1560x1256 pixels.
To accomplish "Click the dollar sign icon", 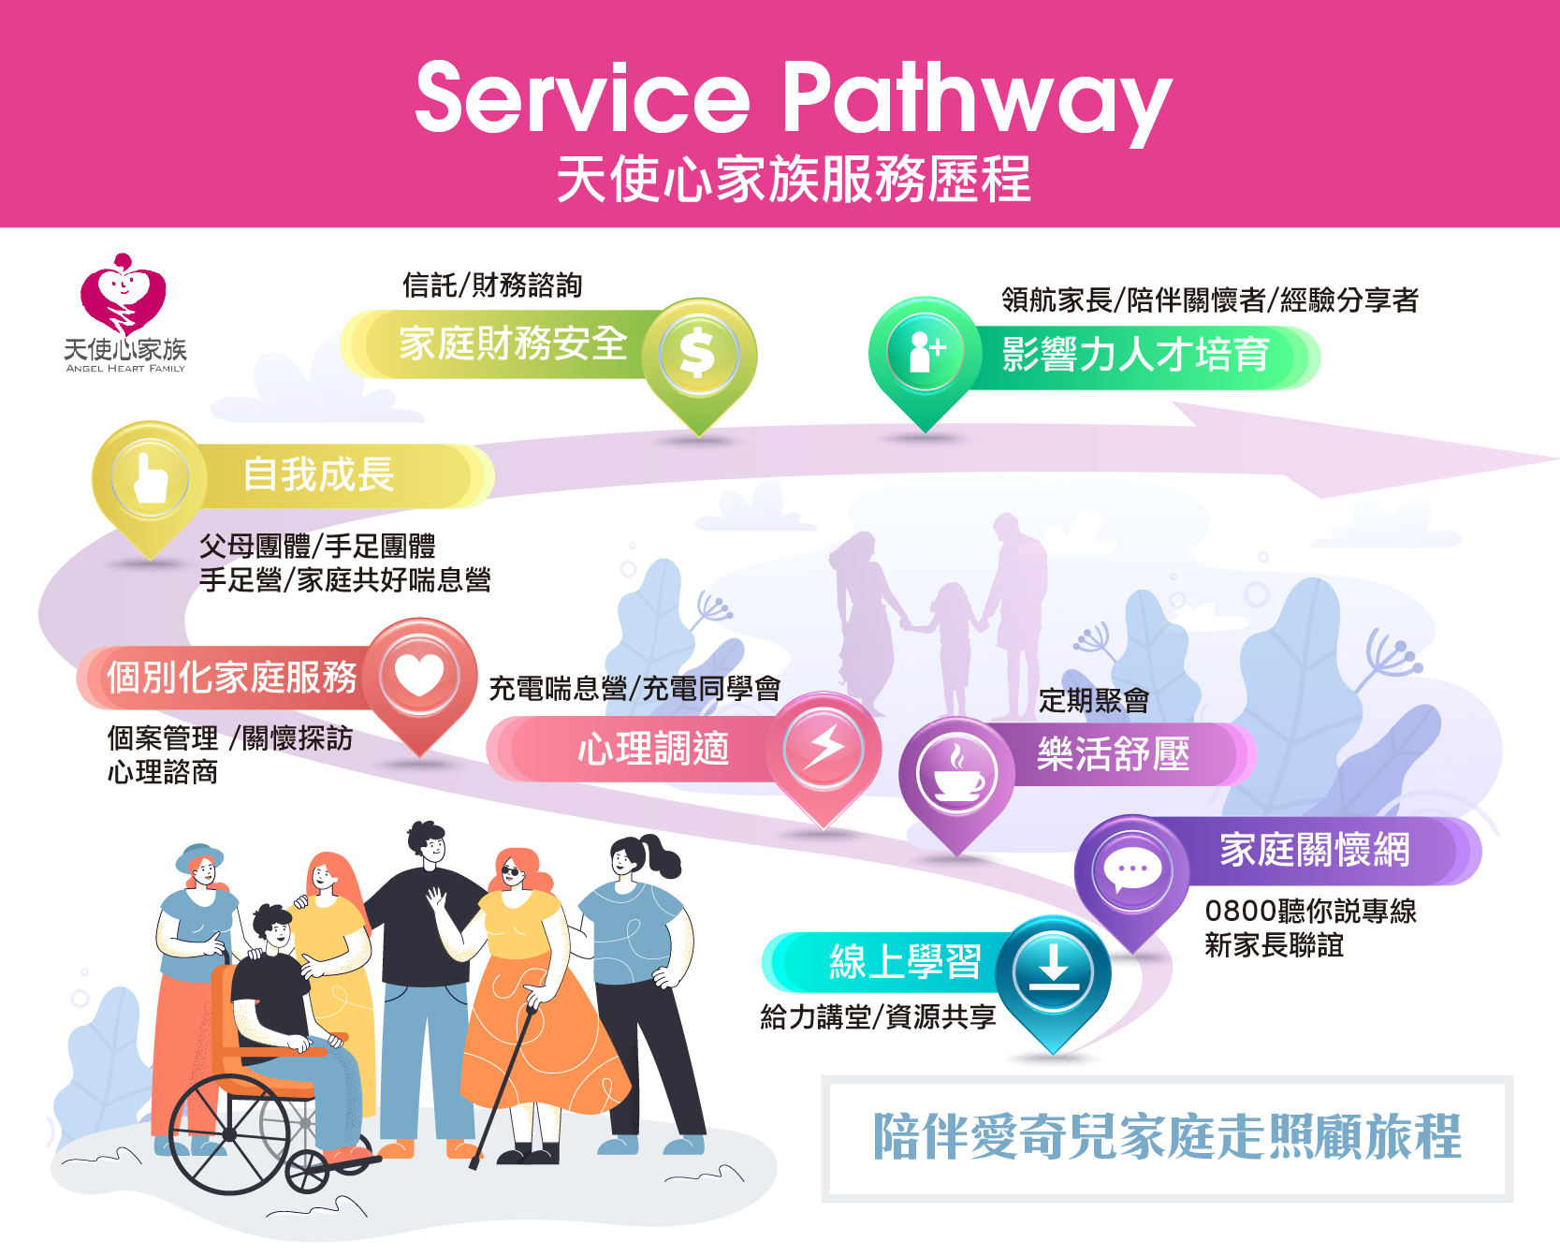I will click(x=698, y=356).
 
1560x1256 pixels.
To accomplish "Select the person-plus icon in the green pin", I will click(x=926, y=352).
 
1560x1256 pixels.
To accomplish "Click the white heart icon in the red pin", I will click(x=419, y=675).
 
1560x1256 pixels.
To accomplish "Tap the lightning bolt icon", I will click(x=824, y=748).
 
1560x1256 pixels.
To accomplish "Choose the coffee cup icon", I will click(x=956, y=773).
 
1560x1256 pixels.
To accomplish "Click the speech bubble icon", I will click(x=1132, y=871).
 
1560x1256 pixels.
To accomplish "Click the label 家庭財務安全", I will click(x=513, y=343).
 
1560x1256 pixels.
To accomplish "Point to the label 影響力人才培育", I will click(x=1135, y=355).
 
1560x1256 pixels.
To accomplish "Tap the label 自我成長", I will click(x=318, y=475).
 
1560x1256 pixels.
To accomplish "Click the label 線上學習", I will click(x=905, y=962).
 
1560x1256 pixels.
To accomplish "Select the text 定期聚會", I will click(x=1094, y=700).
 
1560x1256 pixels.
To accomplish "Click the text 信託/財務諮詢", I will click(x=492, y=285).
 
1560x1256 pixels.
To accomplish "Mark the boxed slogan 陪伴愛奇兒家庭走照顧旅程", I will click(x=1167, y=1137).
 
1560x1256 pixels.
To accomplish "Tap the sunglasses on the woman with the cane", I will click(x=512, y=872).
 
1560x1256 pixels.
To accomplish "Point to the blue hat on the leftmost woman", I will click(x=199, y=854).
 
